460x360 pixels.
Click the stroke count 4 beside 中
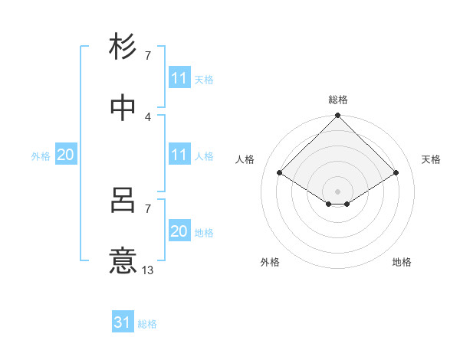[148, 116]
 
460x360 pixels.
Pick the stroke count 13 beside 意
[148, 270]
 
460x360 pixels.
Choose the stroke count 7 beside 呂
[148, 208]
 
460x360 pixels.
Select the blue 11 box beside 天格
[179, 78]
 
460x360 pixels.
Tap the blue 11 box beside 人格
[179, 155]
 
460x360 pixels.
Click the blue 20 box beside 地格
[179, 231]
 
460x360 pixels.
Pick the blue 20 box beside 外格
[66, 155]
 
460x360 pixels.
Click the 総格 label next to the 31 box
[147, 324]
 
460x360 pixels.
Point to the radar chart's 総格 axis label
[338, 100]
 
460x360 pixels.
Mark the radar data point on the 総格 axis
[338, 116]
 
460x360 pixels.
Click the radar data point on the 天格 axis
[396, 172]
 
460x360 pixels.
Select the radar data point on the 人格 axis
[280, 172]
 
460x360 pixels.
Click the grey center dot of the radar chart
[338, 191]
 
